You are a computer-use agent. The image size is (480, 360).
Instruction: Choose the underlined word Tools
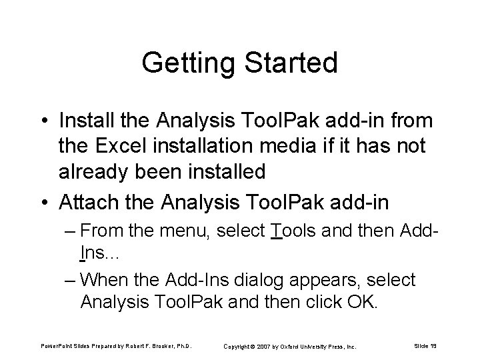coord(291,232)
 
